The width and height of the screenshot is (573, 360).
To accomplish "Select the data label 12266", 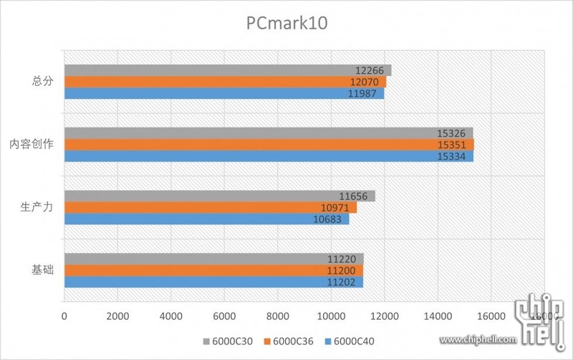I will pos(370,70).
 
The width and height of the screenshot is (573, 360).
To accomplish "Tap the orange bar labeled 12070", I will pos(215,82).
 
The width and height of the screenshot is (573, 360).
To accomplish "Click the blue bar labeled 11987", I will pos(215,93).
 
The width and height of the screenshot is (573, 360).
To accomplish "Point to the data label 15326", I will pos(451,133).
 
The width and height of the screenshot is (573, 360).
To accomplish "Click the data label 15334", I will pos(451,156).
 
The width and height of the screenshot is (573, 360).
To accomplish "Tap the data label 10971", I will pos(335,208).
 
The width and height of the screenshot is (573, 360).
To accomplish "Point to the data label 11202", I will pos(342,282).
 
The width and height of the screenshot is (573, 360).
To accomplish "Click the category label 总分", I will pos(42,82).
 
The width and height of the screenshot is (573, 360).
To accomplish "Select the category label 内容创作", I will pos(32,145).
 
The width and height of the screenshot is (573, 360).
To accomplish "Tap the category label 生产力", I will pos(37,208).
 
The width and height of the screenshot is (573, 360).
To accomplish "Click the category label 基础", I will pos(42,271).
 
